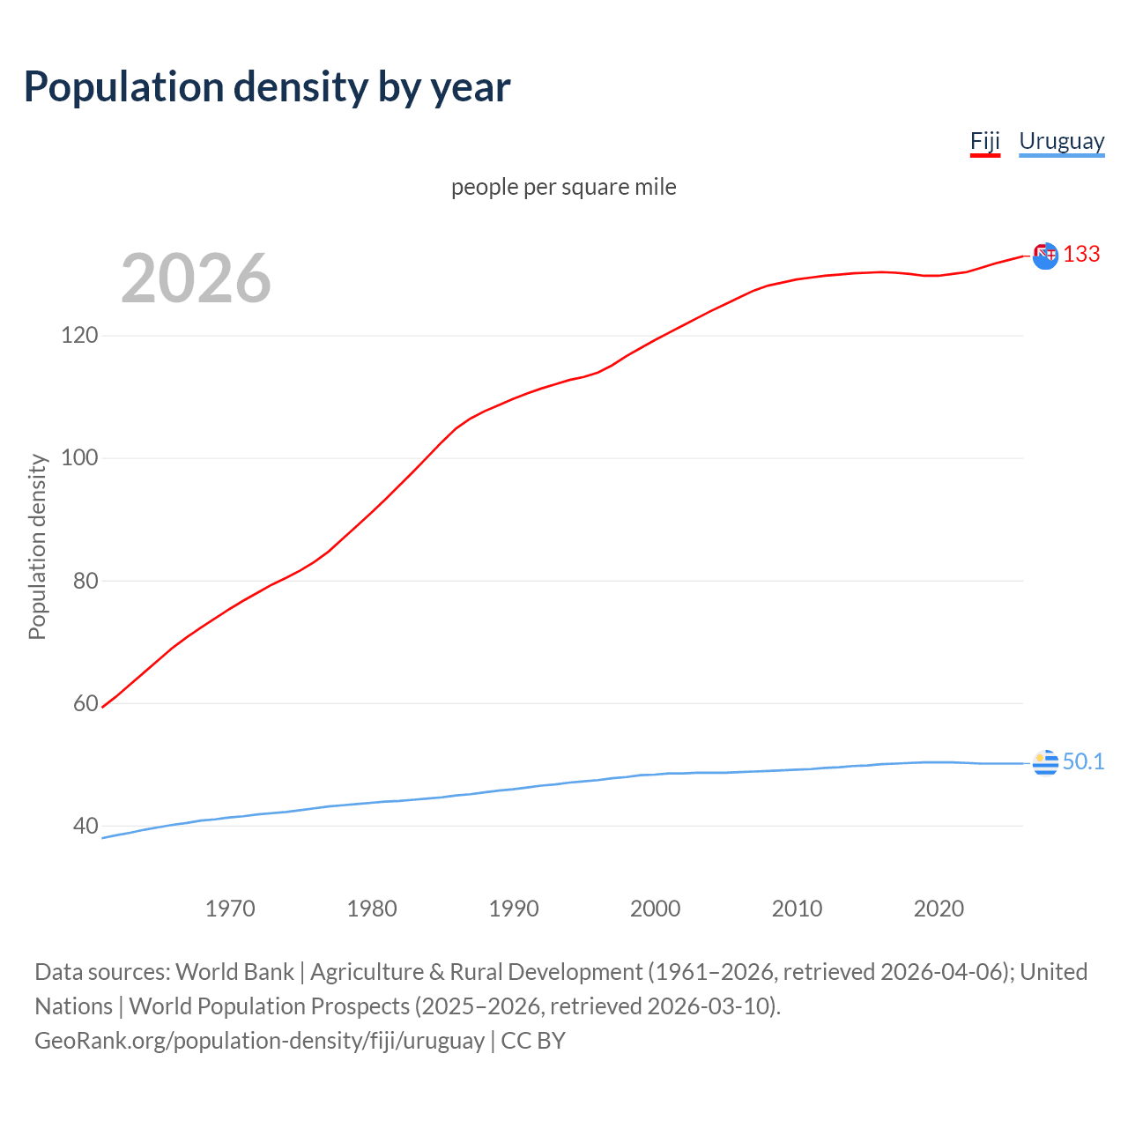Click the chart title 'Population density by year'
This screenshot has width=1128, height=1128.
pos(267,87)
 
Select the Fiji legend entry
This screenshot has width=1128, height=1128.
pos(984,141)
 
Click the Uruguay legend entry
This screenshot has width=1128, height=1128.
pos(1061,141)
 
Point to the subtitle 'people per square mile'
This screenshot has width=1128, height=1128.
pos(563,187)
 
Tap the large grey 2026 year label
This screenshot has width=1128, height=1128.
pos(196,278)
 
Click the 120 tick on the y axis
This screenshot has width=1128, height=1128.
pos(79,336)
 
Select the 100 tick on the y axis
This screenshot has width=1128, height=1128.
pos(79,458)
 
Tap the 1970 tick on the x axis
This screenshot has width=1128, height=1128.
pos(230,909)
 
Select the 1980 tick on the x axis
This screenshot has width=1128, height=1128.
pos(372,909)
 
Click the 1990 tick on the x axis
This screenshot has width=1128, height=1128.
pos(514,909)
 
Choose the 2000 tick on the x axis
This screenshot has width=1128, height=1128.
pos(655,909)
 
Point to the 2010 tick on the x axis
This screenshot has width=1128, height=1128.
pos(797,909)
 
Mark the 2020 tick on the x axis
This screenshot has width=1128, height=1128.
pos(939,909)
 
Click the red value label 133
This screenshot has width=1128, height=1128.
pos(1081,254)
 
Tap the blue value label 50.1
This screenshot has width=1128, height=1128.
pos(1083,761)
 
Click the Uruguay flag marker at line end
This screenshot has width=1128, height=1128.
pos(1045,763)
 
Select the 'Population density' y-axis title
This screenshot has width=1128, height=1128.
pos(37,546)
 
